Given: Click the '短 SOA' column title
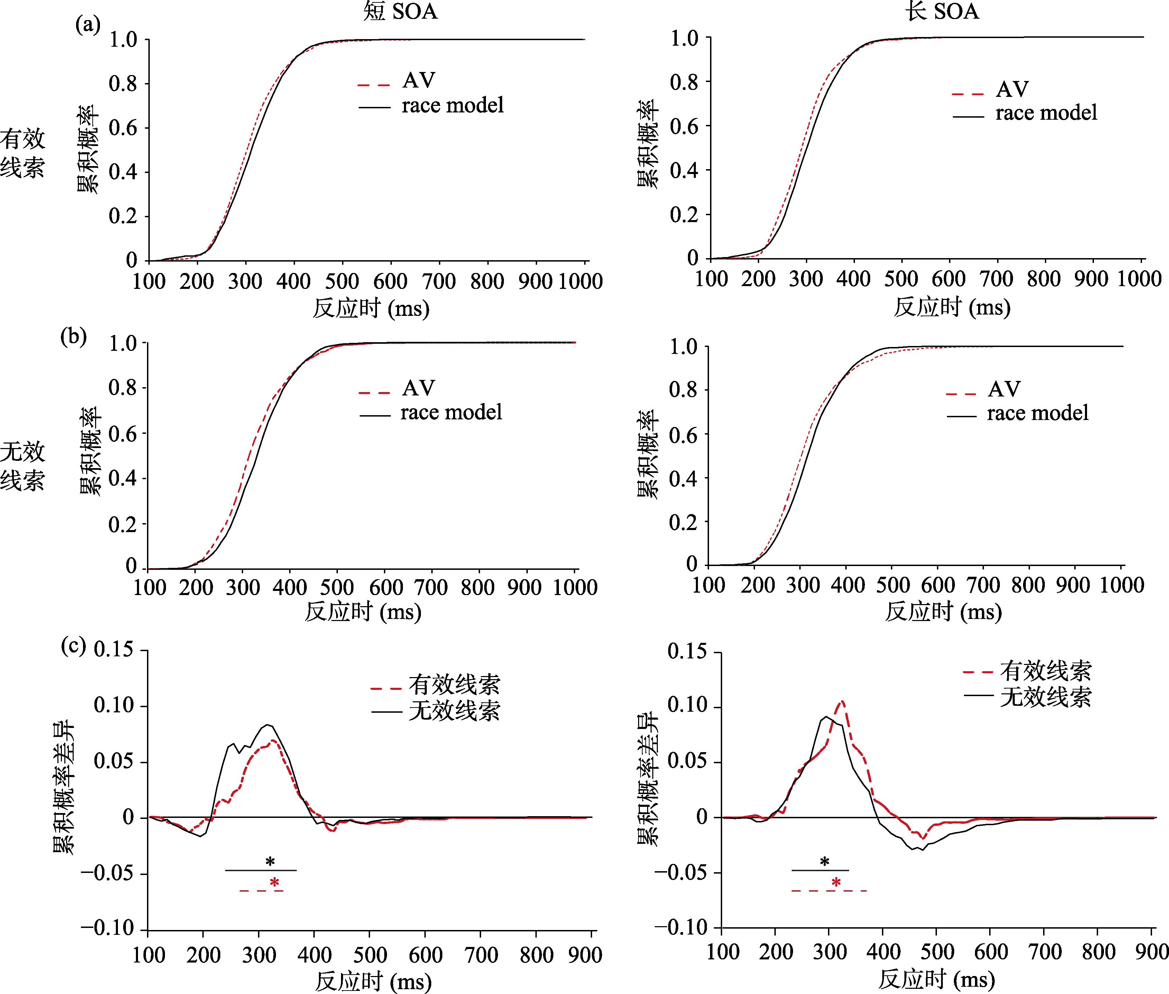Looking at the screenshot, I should [x=400, y=11].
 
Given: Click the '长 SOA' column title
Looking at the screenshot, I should [x=942, y=11].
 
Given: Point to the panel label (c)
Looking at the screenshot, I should [x=74, y=645].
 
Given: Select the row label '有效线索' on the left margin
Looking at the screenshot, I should [x=22, y=153].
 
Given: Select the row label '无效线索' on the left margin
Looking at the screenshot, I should [x=22, y=465].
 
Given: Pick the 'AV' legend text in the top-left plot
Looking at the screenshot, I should [x=418, y=81].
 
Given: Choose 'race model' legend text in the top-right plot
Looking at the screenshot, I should [x=1046, y=113].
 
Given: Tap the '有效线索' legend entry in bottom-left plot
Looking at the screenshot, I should [x=454, y=685].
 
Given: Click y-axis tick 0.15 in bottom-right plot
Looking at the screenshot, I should [x=687, y=652].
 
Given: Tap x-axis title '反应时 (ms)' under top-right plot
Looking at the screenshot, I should [x=952, y=308].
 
